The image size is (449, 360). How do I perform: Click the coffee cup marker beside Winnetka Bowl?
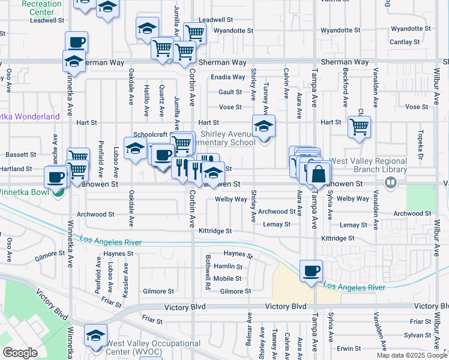pyautogui.click(x=56, y=177)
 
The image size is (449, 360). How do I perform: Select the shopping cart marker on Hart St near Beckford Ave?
pyautogui.click(x=359, y=126)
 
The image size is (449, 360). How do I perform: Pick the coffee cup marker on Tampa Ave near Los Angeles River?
pyautogui.click(x=310, y=271)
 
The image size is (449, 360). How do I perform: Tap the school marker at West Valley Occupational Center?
pyautogui.click(x=95, y=336)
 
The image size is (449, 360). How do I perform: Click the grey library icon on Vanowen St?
pyautogui.click(x=391, y=181)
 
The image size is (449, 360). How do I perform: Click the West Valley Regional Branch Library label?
pyautogui.click(x=369, y=165)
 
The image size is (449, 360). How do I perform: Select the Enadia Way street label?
pyautogui.click(x=228, y=77)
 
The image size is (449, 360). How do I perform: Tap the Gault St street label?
pyautogui.click(x=230, y=92)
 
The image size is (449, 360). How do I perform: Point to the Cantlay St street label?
pyautogui.click(x=405, y=42)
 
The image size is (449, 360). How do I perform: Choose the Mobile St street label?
pyautogui.click(x=227, y=278)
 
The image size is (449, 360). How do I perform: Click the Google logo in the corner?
pyautogui.click(x=20, y=353)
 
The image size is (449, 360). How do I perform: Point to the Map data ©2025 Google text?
pyautogui.click(x=411, y=355)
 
